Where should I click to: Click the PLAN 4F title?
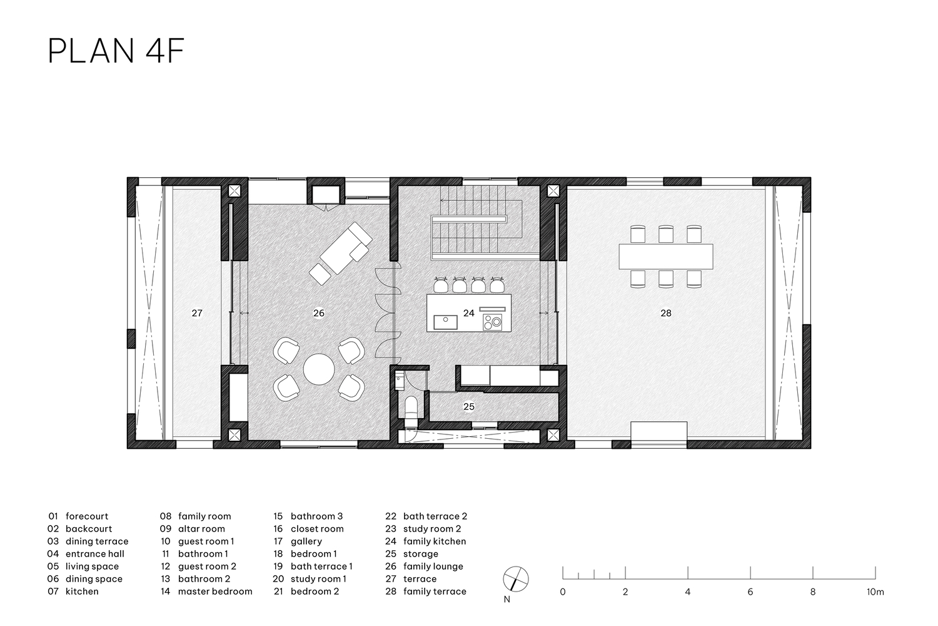tap(116, 51)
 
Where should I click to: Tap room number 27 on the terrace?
tap(197, 313)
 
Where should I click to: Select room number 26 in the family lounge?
tap(319, 313)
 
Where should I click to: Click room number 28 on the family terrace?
tap(666, 313)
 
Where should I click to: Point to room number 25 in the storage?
tap(469, 407)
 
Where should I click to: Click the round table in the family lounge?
tap(319, 369)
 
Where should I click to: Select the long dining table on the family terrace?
tap(666, 256)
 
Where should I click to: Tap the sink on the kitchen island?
tap(445, 322)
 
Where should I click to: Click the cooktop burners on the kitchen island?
tap(493, 322)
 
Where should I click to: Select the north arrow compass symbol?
tap(515, 579)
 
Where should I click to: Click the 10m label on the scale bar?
tap(875, 592)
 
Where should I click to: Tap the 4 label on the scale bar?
tap(688, 592)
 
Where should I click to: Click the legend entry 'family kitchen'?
tap(435, 541)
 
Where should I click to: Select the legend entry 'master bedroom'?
tap(215, 592)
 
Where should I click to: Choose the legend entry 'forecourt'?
tap(87, 516)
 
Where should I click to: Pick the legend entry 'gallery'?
tap(306, 541)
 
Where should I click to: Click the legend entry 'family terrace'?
tap(435, 592)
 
